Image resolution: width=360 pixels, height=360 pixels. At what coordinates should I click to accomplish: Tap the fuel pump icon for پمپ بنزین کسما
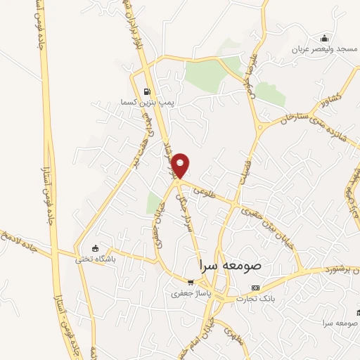pos(146,91)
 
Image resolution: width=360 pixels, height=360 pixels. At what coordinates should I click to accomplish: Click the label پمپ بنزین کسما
pos(146,103)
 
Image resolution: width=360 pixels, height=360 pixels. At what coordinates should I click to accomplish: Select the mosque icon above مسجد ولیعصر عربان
pos(324,38)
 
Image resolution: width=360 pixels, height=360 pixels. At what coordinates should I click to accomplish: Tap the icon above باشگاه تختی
pos(95,248)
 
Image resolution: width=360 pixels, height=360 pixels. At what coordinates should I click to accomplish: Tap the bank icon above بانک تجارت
pos(256,288)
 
